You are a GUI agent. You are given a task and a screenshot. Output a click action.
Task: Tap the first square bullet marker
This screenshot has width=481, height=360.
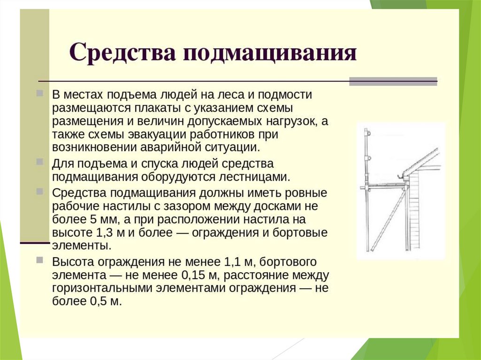point(39,93)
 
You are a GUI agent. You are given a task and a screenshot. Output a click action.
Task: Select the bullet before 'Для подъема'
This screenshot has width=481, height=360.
point(39,161)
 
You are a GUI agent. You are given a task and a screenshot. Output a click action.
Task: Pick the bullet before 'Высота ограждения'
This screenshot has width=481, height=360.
point(39,260)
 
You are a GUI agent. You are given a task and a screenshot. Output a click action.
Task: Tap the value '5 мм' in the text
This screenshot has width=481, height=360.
point(100,220)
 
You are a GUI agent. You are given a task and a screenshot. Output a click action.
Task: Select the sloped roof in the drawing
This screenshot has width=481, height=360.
point(421,161)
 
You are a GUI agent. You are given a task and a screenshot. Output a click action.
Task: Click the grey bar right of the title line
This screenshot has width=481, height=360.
point(393,81)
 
